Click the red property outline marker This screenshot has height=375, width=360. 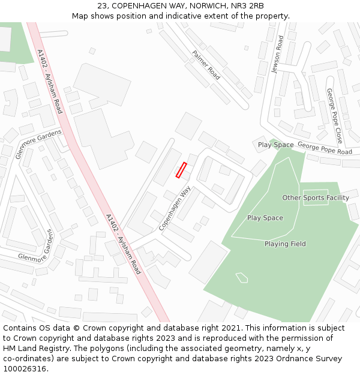pos(181,170)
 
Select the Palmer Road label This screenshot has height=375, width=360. pos(206,64)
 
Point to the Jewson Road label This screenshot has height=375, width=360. pos(277,54)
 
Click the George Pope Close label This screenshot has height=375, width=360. pos(334,115)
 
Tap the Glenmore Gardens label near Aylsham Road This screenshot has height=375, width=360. pos(39,144)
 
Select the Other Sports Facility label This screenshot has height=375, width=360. pos(316,197)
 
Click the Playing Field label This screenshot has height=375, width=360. pos(285,244)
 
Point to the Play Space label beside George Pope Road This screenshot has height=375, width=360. pos(275,145)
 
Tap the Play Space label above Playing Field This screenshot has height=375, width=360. pos(265,218)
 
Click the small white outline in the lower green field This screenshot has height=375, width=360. pos(242,277)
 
